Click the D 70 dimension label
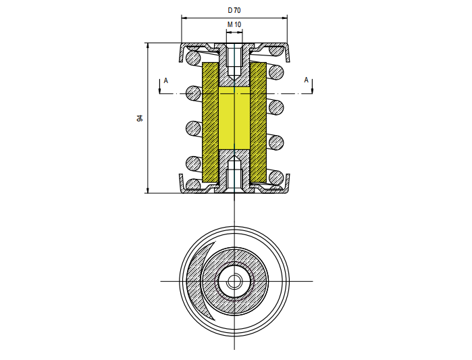click(234, 11)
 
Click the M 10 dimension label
click(234, 24)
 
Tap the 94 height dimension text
click(140, 118)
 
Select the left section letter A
click(166, 80)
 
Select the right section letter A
click(306, 80)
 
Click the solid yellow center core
click(234, 118)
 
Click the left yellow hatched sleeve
click(211, 122)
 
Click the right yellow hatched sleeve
click(258, 122)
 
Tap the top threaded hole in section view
click(234, 62)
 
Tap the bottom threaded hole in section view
click(234, 174)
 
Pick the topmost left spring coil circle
click(193, 57)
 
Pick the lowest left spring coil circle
click(193, 184)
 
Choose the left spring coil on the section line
click(193, 93)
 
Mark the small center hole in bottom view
click(234, 282)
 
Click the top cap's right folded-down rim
click(288, 53)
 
